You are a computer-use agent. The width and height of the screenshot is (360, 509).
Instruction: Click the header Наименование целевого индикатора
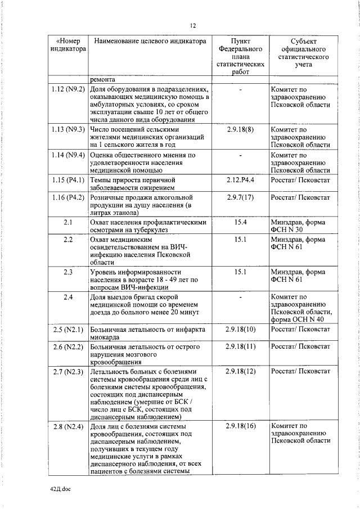point(151,41)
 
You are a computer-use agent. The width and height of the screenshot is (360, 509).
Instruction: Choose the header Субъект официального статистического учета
point(304,53)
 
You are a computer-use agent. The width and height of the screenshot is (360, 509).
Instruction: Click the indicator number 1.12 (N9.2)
point(67,89)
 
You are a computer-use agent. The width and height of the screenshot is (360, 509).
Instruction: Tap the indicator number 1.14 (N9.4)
point(67,155)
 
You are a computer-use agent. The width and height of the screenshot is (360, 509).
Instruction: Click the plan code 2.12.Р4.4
point(240,180)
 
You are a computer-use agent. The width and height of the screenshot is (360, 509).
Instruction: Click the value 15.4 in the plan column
point(241,223)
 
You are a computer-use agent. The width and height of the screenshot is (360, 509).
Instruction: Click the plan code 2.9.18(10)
point(240,329)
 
